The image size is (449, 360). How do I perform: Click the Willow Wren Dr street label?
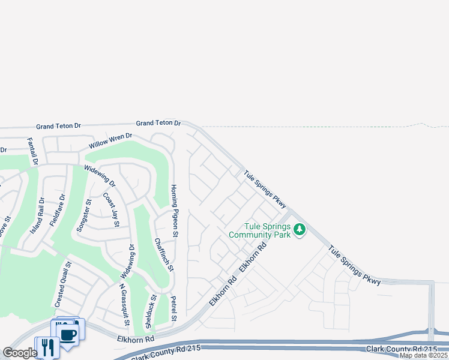(110, 142)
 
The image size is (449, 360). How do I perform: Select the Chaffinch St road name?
(163, 254)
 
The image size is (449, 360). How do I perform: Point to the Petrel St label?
(173, 307)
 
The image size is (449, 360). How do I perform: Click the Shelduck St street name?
(150, 311)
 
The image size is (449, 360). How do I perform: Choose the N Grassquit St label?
(124, 301)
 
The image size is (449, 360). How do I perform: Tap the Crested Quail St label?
(63, 285)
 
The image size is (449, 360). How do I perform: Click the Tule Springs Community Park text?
(267, 230)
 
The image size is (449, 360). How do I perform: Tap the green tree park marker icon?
(299, 229)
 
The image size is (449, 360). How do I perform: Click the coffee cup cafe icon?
(68, 334)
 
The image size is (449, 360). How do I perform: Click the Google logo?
(20, 353)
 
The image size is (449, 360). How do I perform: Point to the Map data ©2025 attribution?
(424, 355)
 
